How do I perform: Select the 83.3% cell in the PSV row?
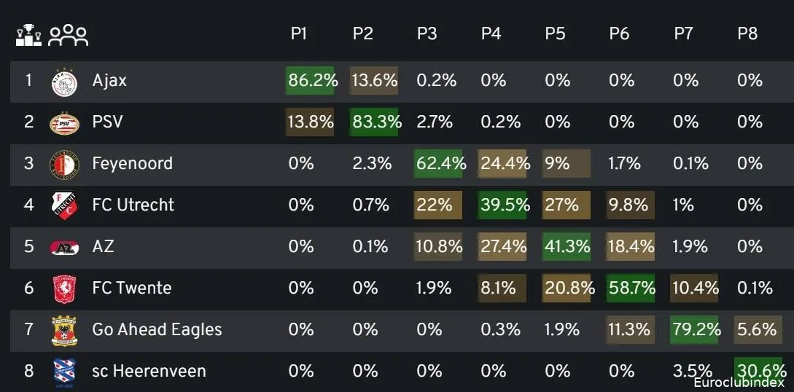click(375, 122)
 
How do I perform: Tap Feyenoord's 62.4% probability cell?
click(439, 163)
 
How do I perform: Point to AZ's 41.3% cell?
click(567, 246)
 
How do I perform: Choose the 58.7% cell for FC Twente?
click(631, 288)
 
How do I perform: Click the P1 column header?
click(299, 34)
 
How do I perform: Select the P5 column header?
click(556, 34)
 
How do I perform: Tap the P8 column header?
click(747, 34)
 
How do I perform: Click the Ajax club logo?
click(63, 81)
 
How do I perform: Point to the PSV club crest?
click(63, 122)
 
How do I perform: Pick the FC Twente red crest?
click(63, 289)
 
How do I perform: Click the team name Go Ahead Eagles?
click(157, 329)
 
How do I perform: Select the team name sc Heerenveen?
click(149, 371)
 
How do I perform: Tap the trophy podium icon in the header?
click(29, 35)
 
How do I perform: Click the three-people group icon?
click(68, 35)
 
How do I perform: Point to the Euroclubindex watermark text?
click(739, 382)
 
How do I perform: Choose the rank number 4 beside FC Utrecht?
click(29, 205)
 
